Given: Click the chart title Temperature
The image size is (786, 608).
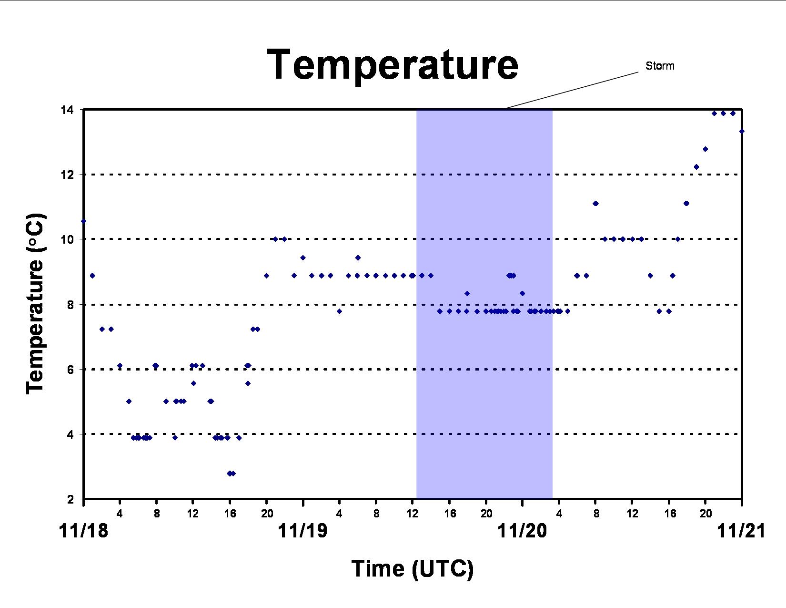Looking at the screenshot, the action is (x=393, y=65).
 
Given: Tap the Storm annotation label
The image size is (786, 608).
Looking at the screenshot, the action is (x=660, y=66).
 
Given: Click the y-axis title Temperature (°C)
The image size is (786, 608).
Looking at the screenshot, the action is (x=35, y=303).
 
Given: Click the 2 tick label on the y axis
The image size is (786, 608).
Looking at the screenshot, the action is (x=71, y=499).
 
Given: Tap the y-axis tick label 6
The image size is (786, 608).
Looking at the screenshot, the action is (x=71, y=370).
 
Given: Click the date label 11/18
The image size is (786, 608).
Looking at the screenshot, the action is (x=83, y=531).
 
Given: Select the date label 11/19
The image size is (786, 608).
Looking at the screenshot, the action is (x=302, y=531).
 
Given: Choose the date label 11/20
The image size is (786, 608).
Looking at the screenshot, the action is (x=522, y=531).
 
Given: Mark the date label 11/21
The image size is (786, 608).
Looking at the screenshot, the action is (x=741, y=531).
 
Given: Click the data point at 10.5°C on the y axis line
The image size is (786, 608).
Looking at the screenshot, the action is (x=83, y=221).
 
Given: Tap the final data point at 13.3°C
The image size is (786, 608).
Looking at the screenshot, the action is (x=742, y=131).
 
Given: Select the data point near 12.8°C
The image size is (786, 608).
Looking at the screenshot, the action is (x=705, y=149).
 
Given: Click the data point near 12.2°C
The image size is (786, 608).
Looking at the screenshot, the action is (x=696, y=167).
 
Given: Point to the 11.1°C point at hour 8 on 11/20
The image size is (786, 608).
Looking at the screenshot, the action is (x=596, y=204).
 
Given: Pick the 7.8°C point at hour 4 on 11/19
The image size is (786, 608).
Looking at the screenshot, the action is (x=339, y=311).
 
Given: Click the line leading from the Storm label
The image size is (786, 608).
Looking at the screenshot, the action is (x=572, y=90).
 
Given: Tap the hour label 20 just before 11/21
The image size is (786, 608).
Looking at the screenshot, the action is (x=705, y=514).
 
